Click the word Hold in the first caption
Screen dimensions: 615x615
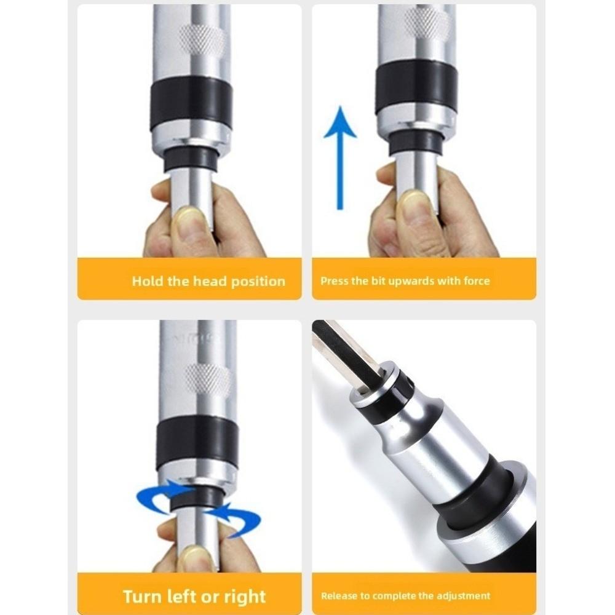tap(148, 282)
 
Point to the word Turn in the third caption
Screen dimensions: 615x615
tap(143, 596)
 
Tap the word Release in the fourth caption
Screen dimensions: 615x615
tap(337, 595)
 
